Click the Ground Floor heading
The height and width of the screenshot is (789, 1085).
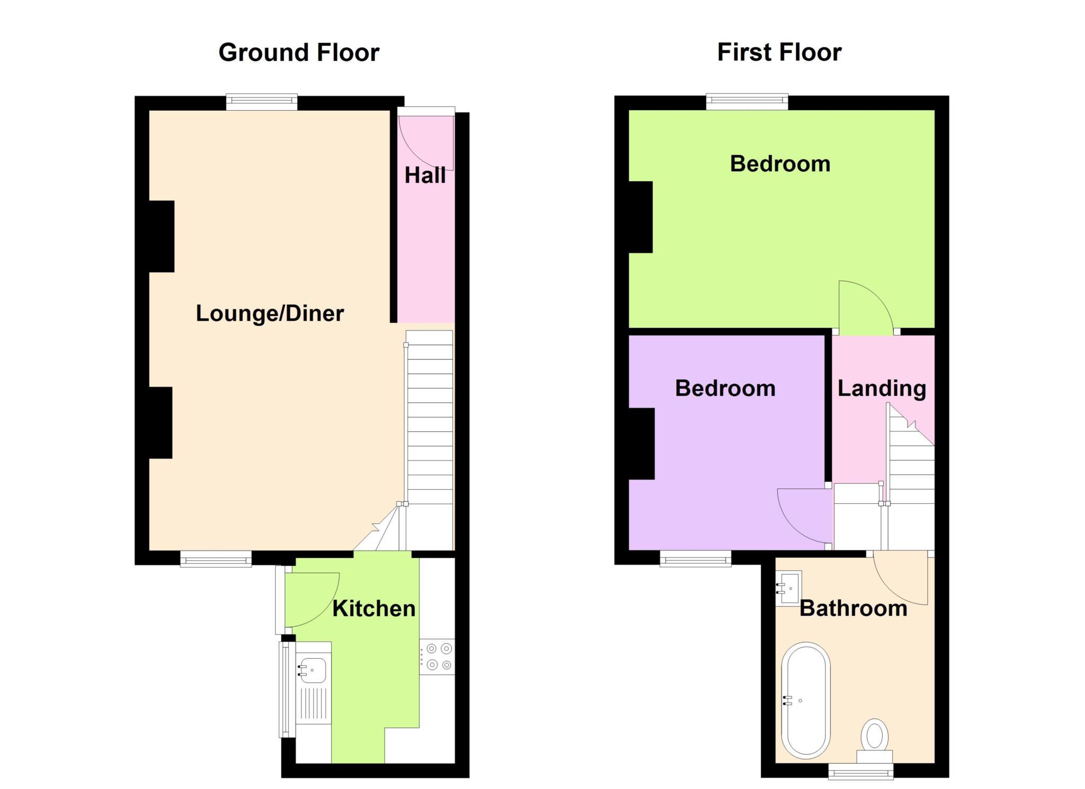tap(299, 53)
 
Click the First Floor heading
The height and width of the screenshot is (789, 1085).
tap(779, 52)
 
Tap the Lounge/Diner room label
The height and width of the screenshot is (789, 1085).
tap(270, 313)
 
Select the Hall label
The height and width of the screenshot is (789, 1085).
tap(425, 175)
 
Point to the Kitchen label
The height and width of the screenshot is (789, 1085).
tap(373, 608)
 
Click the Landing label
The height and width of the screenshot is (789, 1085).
tap(882, 389)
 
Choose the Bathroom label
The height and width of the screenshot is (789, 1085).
tap(853, 608)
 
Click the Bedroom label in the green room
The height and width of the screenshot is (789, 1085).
tap(780, 164)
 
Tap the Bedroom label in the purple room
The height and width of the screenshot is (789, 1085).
tap(725, 388)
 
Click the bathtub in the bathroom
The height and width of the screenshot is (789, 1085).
tap(806, 698)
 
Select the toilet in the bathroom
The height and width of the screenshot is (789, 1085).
tap(874, 741)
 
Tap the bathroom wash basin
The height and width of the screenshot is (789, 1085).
tap(788, 588)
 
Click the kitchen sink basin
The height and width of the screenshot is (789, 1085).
tap(313, 670)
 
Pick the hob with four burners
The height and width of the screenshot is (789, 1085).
tap(437, 657)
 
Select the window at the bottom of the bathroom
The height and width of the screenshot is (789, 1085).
tap(861, 771)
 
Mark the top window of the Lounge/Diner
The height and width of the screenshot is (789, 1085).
tap(262, 102)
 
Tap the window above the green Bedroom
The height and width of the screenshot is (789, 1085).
tap(747, 102)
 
